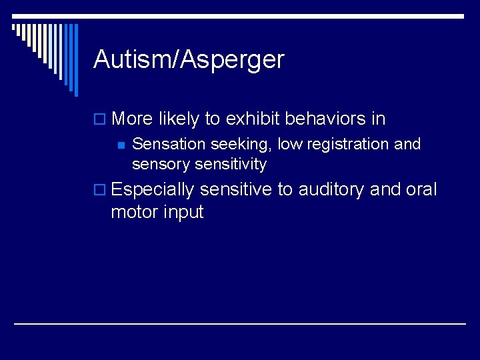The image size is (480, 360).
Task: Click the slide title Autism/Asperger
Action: pos(189,60)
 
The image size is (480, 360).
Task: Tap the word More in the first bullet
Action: pos(133,119)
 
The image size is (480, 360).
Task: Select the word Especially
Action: pos(153,191)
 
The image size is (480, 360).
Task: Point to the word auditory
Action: pos(331,191)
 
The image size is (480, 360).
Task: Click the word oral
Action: pos(421,190)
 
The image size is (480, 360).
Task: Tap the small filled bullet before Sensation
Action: pos(120,145)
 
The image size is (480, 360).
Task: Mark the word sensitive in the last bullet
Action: pos(236,190)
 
